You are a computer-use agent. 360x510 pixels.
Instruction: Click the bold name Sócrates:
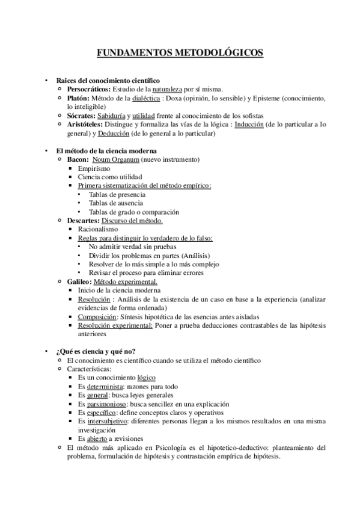(x=82, y=115)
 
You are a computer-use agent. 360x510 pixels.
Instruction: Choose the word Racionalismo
(x=98, y=229)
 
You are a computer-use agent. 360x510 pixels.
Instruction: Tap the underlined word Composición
(x=98, y=316)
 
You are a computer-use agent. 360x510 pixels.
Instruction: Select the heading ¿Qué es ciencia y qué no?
(x=96, y=351)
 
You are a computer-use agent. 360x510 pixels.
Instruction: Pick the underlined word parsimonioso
(x=106, y=404)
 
